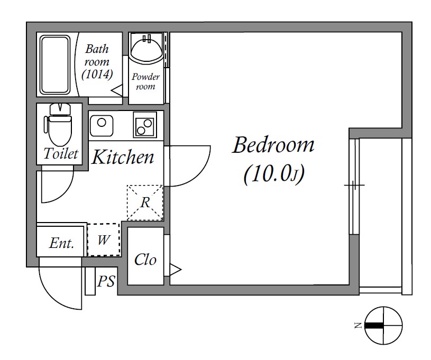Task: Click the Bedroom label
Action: (273, 145)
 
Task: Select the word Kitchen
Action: (123, 157)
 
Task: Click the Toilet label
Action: (61, 153)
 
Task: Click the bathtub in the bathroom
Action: (54, 65)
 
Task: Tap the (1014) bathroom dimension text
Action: (97, 74)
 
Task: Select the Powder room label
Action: (145, 81)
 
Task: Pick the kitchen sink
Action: (102, 126)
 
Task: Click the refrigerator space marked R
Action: (145, 203)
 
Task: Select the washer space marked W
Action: (104, 239)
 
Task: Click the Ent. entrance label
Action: (61, 243)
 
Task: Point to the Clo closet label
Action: (145, 260)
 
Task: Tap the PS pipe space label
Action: (106, 281)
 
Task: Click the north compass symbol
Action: (383, 325)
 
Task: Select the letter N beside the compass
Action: (358, 326)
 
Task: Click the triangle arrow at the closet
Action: (176, 269)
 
